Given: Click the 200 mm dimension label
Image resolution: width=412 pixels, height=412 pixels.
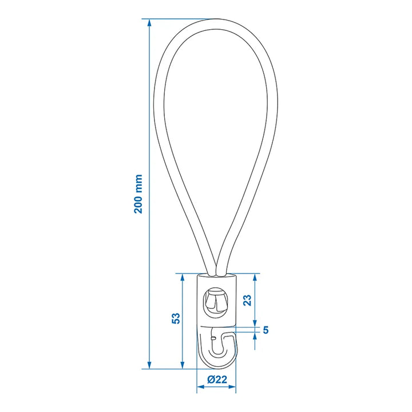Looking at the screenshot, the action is coord(138,194).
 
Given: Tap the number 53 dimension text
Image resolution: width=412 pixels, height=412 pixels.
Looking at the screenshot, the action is coord(176,318).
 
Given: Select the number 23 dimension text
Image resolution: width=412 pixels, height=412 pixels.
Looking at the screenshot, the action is coord(247,300).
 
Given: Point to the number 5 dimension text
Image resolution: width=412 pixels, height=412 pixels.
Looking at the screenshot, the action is coord(266,330).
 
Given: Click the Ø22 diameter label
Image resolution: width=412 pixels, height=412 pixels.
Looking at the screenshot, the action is coord(217,379).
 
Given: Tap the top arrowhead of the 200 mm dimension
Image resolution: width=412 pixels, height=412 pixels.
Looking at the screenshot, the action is coord(149,22).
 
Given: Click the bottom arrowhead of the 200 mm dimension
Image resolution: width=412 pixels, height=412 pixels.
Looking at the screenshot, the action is coord(149,365).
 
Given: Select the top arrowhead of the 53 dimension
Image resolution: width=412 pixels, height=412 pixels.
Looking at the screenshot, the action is coord(183,277).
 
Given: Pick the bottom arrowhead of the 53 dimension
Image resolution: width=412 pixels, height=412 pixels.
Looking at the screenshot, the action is coord(183,365).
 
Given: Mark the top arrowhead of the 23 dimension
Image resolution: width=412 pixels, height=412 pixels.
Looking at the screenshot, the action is coord(255,277).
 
